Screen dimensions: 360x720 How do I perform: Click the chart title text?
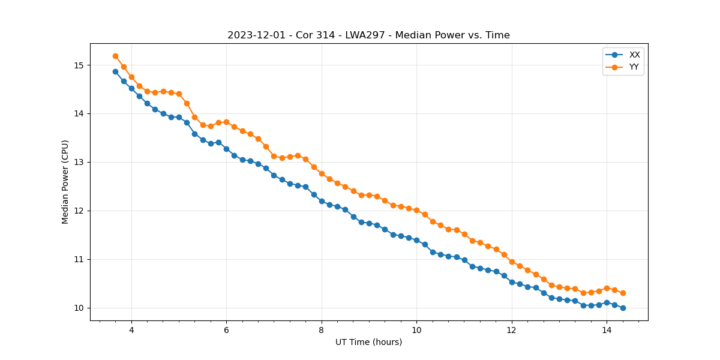point(368,35)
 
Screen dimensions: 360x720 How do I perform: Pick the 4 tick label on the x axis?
point(131,330)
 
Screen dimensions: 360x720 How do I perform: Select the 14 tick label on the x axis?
point(607,330)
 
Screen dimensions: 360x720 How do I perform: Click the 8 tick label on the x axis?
point(322,330)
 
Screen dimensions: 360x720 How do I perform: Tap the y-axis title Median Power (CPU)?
point(65,182)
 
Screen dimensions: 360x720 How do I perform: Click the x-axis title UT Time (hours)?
point(368,343)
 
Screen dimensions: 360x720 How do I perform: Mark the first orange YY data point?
point(115,56)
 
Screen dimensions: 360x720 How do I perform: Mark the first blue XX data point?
point(115,71)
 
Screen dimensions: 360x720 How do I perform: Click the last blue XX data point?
point(623,308)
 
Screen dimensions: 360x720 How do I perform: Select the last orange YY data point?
point(623,293)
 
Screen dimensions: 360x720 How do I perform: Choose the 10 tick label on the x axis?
point(416,330)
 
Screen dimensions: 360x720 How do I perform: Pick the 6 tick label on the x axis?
point(226,330)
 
